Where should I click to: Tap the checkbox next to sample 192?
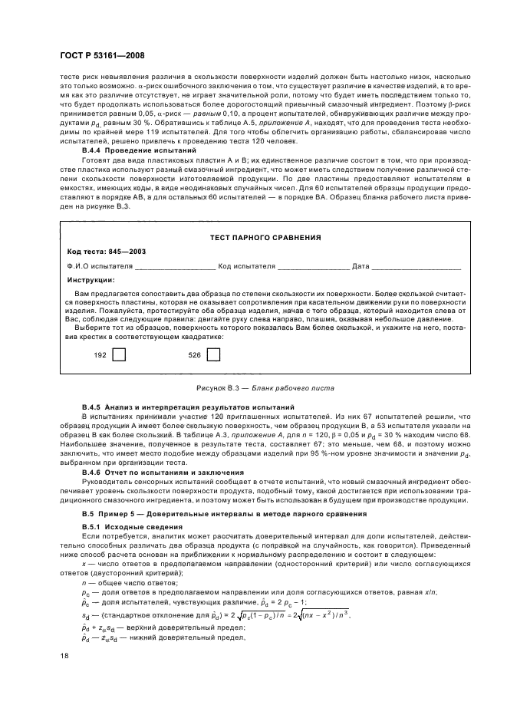coord(119,354)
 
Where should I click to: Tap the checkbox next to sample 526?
coord(213,354)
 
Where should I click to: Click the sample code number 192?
coord(100,355)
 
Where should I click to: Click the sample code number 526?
coord(194,355)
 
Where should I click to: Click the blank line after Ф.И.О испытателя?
coord(175,267)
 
